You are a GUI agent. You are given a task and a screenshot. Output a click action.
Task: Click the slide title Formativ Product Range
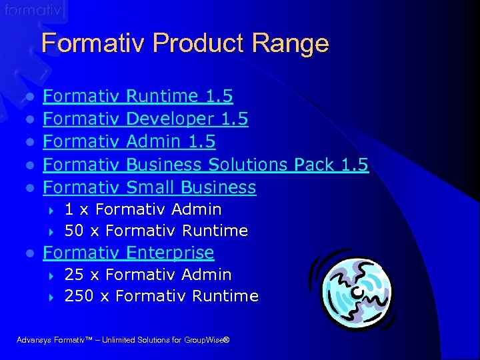(185, 43)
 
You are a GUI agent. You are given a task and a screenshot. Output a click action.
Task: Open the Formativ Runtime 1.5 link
(137, 97)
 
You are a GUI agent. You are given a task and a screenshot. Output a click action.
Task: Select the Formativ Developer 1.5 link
(145, 119)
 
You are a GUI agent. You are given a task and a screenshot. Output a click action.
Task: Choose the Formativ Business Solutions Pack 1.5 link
(205, 165)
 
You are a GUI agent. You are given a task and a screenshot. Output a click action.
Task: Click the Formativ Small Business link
(149, 187)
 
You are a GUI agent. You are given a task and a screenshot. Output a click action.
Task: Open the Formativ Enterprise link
(128, 253)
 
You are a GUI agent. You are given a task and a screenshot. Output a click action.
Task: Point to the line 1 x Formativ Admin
(143, 209)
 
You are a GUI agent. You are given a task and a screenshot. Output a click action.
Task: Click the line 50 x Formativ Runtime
(156, 231)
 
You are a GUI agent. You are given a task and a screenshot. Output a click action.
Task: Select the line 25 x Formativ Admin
(148, 275)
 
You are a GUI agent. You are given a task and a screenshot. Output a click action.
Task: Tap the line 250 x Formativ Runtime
(161, 296)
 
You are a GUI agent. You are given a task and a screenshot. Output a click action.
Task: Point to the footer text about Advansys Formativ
(123, 341)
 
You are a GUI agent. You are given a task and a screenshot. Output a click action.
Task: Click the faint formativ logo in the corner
(33, 11)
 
